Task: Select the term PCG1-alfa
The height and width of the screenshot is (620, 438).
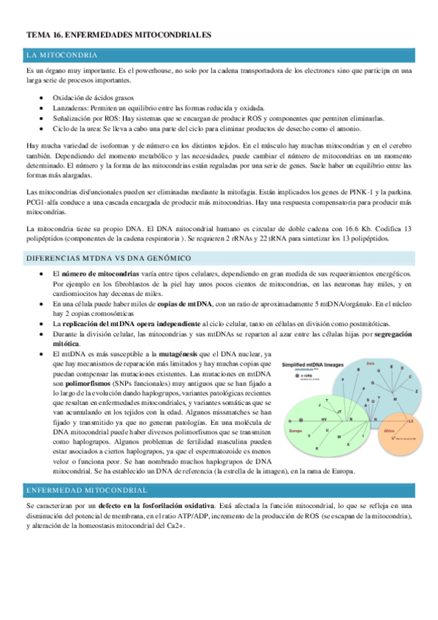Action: (44, 202)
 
